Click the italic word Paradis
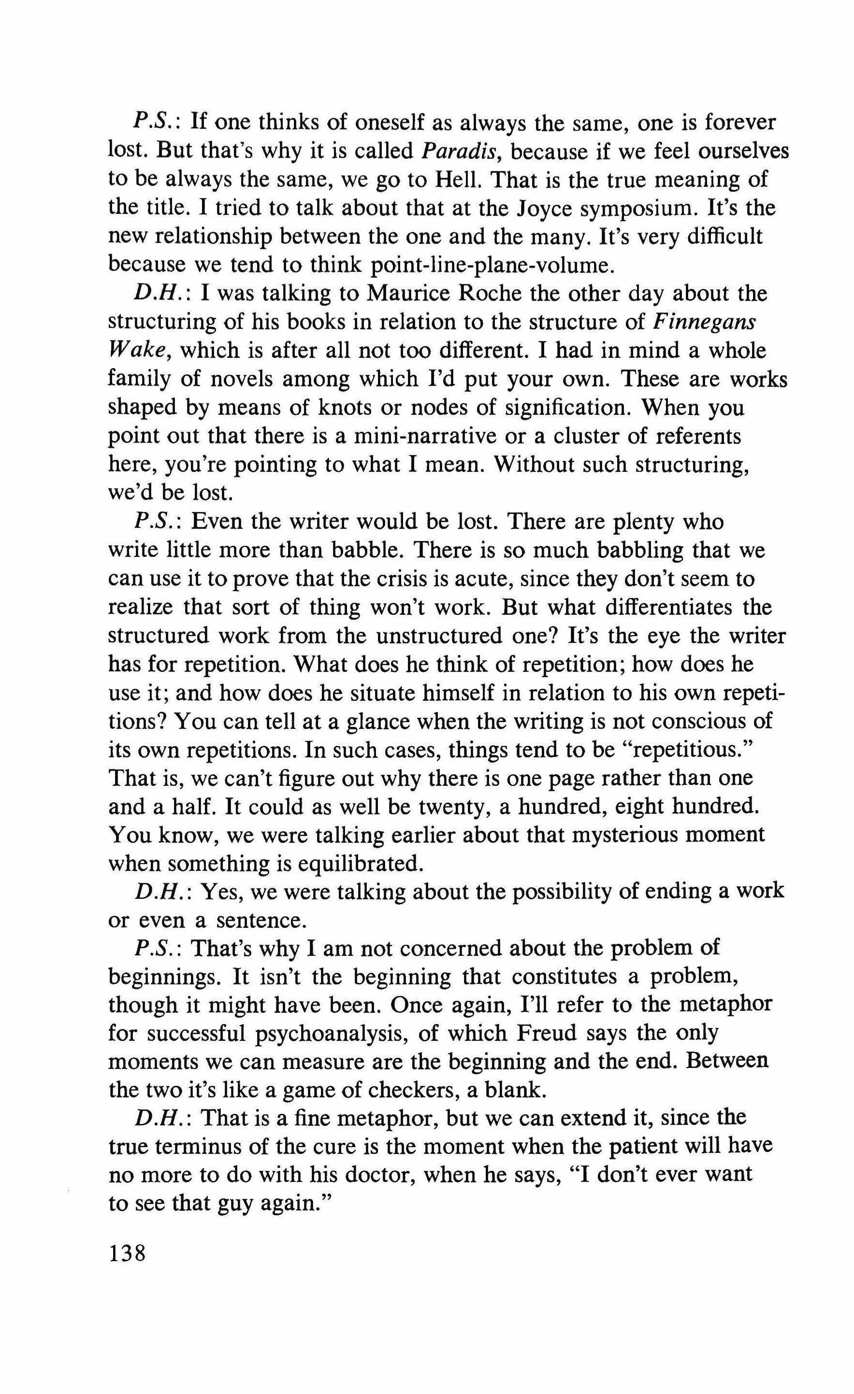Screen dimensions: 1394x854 (458, 151)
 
